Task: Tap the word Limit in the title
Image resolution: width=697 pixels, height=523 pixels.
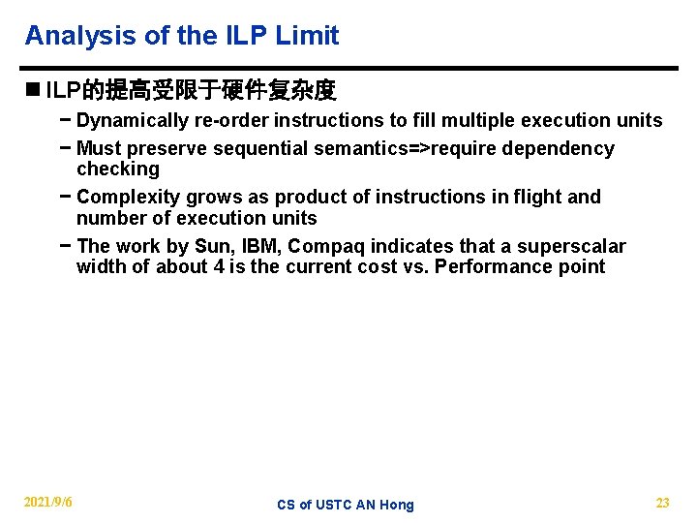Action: point(307,37)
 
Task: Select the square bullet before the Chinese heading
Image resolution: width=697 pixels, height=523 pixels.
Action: point(33,91)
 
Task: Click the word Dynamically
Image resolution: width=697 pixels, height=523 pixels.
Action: point(133,121)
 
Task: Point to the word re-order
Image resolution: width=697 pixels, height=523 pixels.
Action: point(231,121)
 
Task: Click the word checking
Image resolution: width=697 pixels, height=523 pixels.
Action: point(117,169)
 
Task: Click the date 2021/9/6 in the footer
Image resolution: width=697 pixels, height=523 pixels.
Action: point(48,502)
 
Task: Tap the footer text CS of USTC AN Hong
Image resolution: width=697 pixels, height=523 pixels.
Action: point(345,505)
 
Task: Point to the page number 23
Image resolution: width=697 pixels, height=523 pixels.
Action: point(662,503)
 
